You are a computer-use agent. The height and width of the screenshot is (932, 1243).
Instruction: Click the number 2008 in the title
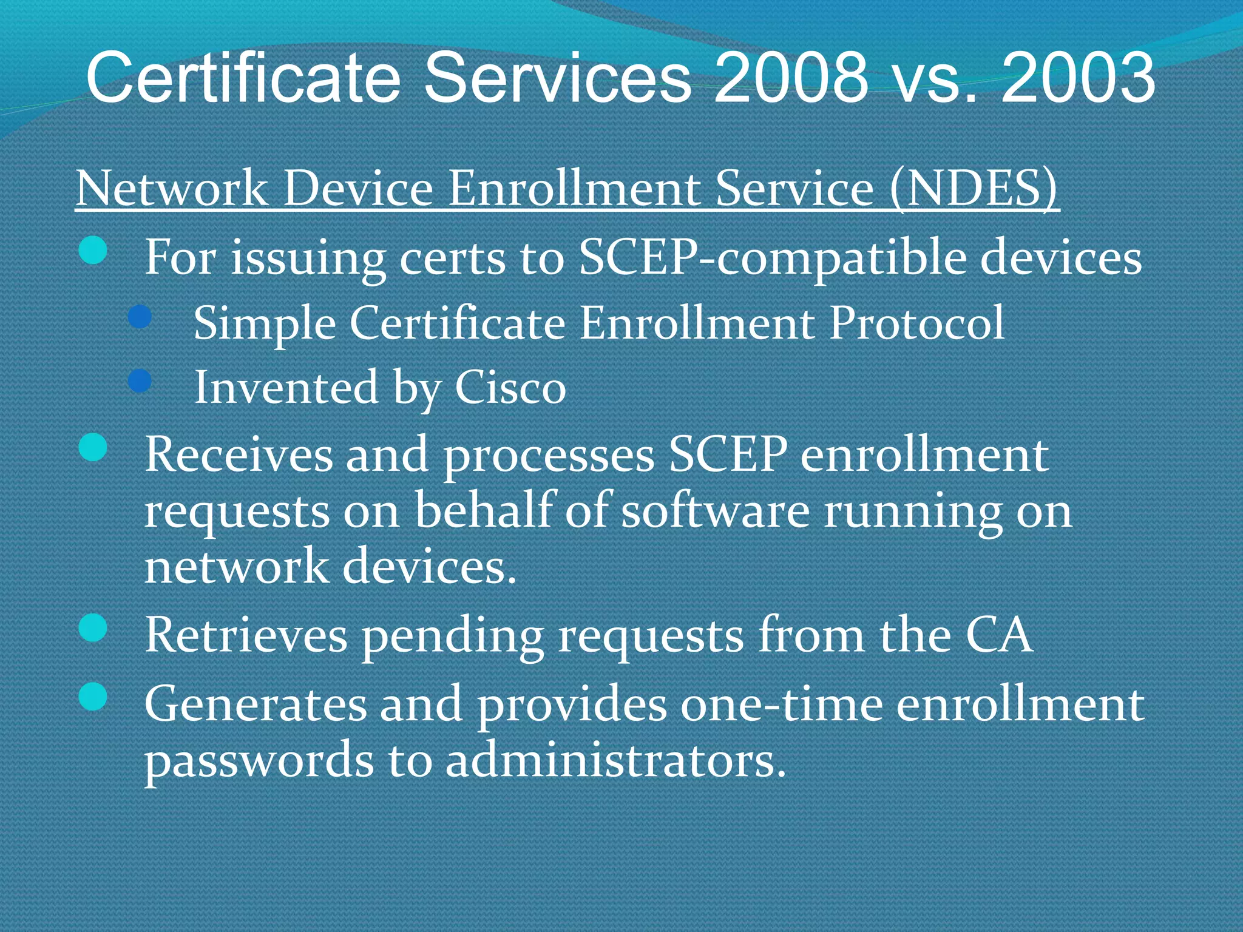(x=791, y=77)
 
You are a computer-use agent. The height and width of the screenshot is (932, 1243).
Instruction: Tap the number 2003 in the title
(x=1077, y=77)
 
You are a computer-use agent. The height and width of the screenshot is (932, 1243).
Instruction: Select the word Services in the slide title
(x=557, y=77)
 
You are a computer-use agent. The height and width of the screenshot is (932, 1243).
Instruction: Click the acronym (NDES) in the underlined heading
(x=974, y=188)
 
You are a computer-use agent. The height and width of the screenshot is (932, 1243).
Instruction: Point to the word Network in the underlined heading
(x=172, y=188)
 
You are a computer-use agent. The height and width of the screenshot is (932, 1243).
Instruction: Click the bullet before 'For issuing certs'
(x=93, y=250)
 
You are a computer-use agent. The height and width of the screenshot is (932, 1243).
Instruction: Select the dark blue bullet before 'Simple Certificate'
(x=140, y=316)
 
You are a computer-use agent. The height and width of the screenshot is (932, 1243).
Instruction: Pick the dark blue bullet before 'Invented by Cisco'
(x=140, y=380)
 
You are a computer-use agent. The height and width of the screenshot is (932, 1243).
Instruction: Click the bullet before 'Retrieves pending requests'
(x=93, y=627)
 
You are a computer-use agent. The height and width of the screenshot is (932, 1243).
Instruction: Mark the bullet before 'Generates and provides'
(x=93, y=696)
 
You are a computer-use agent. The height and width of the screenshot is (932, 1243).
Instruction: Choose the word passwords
(x=259, y=761)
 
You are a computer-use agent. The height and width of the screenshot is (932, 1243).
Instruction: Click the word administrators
(x=615, y=761)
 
